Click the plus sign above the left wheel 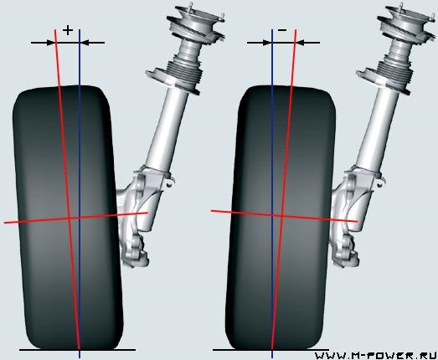tap(68, 30)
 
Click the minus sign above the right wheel tap(282, 30)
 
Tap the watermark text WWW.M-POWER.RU tap(376, 356)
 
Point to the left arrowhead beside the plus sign tap(51, 43)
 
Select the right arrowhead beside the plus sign tap(85, 43)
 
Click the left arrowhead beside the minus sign tap(267, 43)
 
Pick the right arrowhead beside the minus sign tap(301, 43)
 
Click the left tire tap(68, 218)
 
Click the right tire tap(281, 218)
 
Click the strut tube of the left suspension tap(165, 128)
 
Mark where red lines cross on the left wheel tap(69, 219)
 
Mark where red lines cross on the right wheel tap(282, 215)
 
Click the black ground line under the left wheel tap(77, 350)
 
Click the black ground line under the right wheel tap(271, 350)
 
